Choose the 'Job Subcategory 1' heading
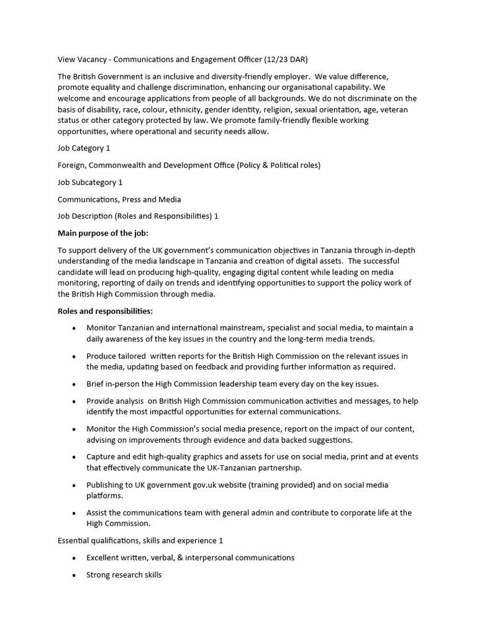tap(90, 183)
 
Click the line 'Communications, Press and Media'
tap(119, 199)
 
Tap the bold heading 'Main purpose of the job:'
tap(103, 233)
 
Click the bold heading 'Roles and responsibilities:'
tap(105, 311)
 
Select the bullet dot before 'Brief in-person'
tap(75, 384)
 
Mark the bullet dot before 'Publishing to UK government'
tap(75, 485)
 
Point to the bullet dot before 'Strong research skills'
tap(75, 575)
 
